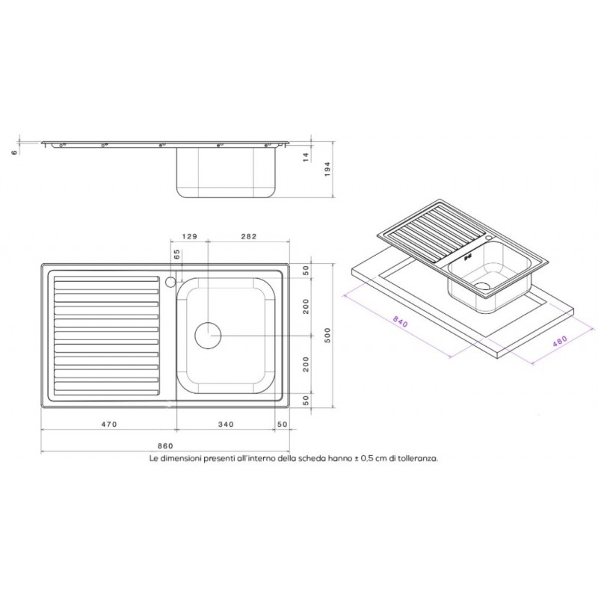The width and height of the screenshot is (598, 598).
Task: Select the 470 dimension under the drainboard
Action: (x=109, y=425)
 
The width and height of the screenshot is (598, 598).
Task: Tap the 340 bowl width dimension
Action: (x=226, y=425)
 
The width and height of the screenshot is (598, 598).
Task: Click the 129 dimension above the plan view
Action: (x=189, y=236)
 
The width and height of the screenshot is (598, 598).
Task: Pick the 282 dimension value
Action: (x=248, y=236)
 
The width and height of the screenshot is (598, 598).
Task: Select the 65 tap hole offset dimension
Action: (x=177, y=254)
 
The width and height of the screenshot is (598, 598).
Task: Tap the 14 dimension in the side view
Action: (x=306, y=156)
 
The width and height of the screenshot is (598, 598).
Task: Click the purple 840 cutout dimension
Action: (x=401, y=322)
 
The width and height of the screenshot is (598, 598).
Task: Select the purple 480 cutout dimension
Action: (x=559, y=340)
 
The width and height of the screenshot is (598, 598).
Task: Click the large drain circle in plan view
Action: (x=208, y=336)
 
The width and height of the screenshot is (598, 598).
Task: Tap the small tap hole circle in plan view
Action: (x=170, y=283)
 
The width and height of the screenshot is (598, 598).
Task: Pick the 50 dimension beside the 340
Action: (x=283, y=425)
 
